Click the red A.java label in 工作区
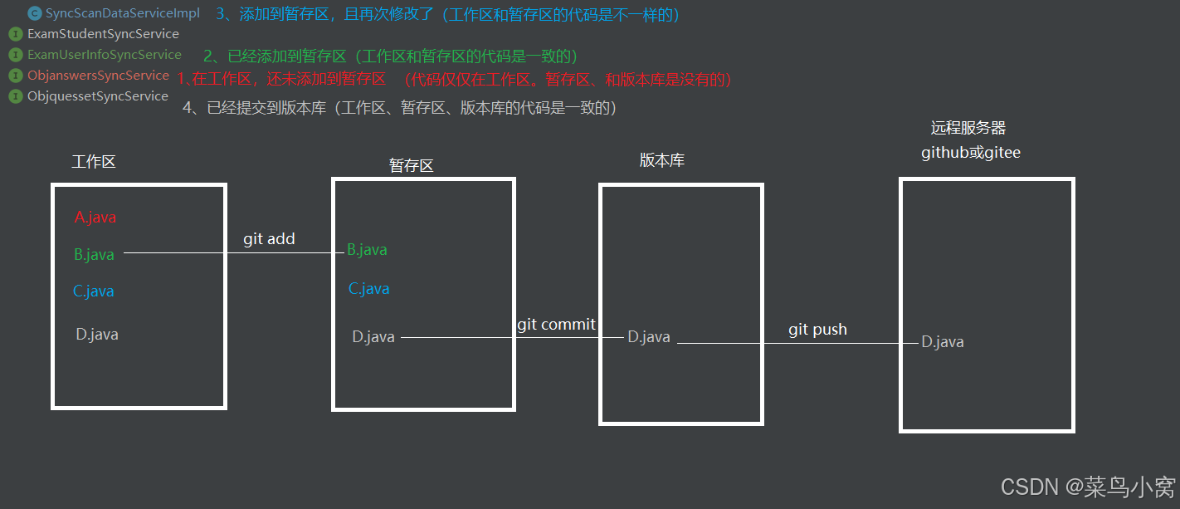pyautogui.click(x=95, y=218)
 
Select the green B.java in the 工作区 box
pyautogui.click(x=94, y=255)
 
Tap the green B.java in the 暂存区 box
pyautogui.click(x=367, y=250)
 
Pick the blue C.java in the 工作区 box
pyautogui.click(x=93, y=291)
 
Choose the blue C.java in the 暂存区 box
pyautogui.click(x=368, y=289)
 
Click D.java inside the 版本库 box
pyautogui.click(x=649, y=337)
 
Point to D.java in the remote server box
pyautogui.click(x=943, y=342)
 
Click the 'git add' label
pyautogui.click(x=269, y=239)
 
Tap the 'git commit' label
pyautogui.click(x=556, y=325)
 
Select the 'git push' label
pyautogui.click(x=817, y=330)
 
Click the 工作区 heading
pyautogui.click(x=94, y=162)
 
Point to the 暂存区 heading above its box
pyautogui.click(x=412, y=165)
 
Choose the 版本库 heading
pyautogui.click(x=661, y=160)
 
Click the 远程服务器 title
pyautogui.click(x=968, y=128)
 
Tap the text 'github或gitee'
pyautogui.click(x=971, y=153)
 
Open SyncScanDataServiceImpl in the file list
pyautogui.click(x=122, y=13)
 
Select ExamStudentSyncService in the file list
pyautogui.click(x=103, y=34)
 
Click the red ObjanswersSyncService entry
pyautogui.click(x=98, y=76)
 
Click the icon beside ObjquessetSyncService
pyautogui.click(x=15, y=96)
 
